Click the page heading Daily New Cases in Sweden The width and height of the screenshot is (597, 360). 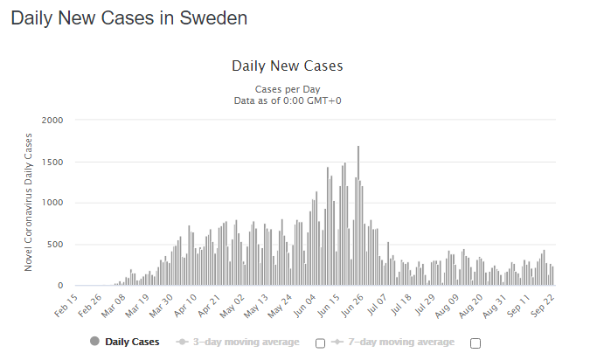tap(128, 18)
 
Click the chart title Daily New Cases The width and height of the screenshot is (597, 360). tap(288, 66)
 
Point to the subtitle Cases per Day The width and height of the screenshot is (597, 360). tap(288, 89)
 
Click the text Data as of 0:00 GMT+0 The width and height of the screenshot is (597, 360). tap(288, 100)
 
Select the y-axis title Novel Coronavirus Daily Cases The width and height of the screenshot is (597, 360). tap(29, 202)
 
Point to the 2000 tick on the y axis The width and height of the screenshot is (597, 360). tap(52, 120)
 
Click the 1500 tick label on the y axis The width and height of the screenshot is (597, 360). tap(52, 162)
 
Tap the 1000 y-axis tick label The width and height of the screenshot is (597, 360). tap(52, 203)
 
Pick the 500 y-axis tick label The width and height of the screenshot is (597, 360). tap(55, 244)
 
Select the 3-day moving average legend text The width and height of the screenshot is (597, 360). tap(245, 341)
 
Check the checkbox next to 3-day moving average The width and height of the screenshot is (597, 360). tap(320, 342)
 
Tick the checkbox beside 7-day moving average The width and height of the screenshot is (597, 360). tap(476, 342)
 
